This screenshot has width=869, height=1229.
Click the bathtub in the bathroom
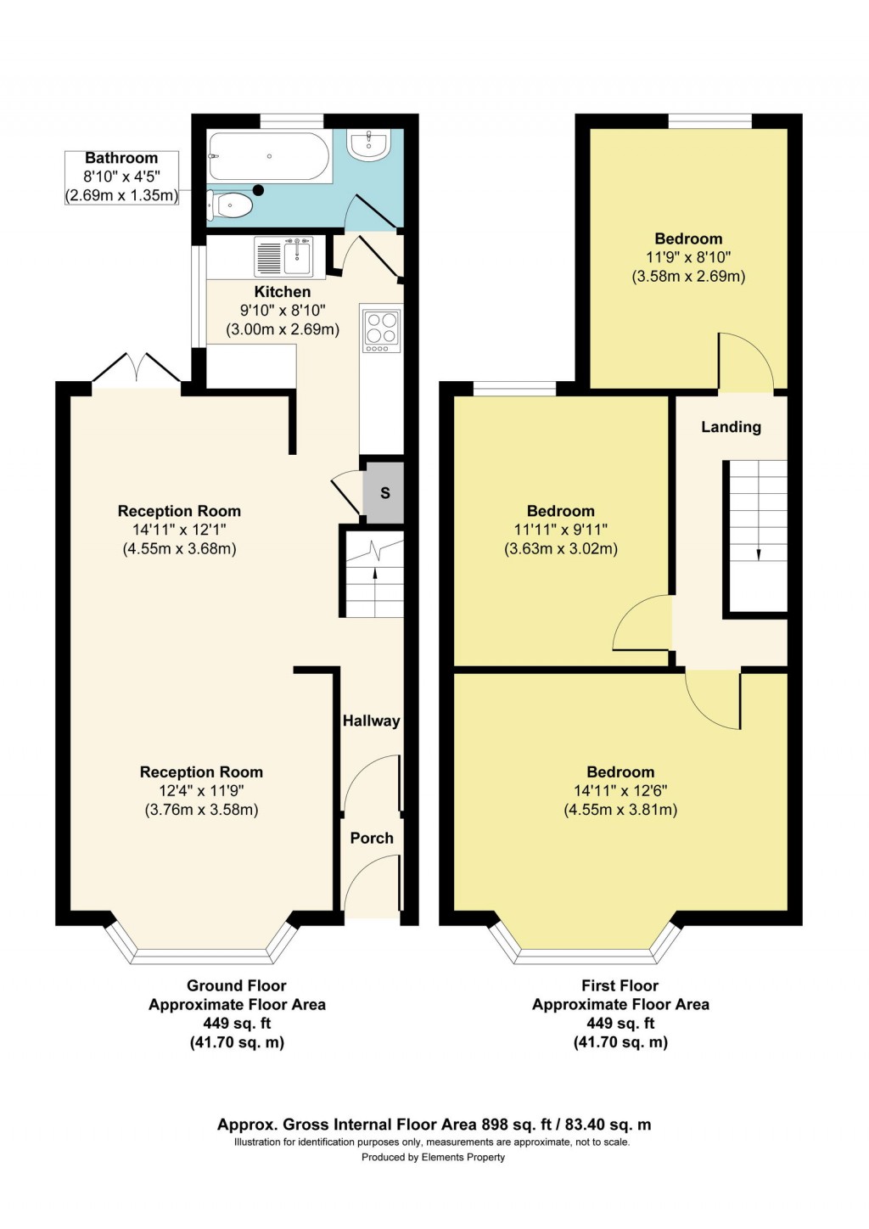269,156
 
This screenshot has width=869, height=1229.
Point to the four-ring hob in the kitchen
381,330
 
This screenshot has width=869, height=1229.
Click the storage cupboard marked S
384,493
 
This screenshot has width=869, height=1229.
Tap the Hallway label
371,721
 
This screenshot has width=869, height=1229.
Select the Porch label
372,838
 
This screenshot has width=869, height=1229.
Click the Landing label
731,427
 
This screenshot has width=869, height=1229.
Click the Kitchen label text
283,292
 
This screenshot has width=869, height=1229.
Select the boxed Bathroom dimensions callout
121,177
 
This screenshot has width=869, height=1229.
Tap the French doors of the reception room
137,370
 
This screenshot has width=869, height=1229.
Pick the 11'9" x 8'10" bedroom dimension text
688,257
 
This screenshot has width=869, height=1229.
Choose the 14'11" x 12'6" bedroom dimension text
620,790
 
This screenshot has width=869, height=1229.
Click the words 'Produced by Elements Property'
433,1157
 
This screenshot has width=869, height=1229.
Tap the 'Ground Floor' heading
237,985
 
